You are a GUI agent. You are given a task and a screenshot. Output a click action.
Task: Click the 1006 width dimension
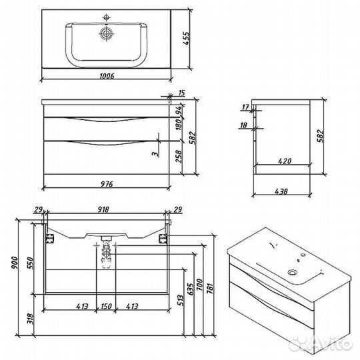pyautogui.click(x=107, y=76)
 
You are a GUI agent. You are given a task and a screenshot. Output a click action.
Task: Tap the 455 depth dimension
pyautogui.click(x=187, y=39)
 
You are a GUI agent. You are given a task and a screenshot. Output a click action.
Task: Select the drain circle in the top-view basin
pyautogui.click(x=106, y=34)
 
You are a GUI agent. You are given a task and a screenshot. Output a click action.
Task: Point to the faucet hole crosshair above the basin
pyautogui.click(x=106, y=17)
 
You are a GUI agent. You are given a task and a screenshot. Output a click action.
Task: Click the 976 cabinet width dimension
pyautogui.click(x=107, y=184)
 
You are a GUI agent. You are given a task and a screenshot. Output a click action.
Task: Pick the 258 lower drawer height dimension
pyautogui.click(x=179, y=157)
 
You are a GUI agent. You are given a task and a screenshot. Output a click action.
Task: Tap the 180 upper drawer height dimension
pyautogui.click(x=179, y=124)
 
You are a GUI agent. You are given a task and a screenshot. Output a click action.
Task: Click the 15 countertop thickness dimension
pyautogui.click(x=181, y=93)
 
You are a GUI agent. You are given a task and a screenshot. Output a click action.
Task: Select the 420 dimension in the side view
pyautogui.click(x=285, y=161)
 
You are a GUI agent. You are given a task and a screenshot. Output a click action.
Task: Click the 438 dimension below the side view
pyautogui.click(x=281, y=191)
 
